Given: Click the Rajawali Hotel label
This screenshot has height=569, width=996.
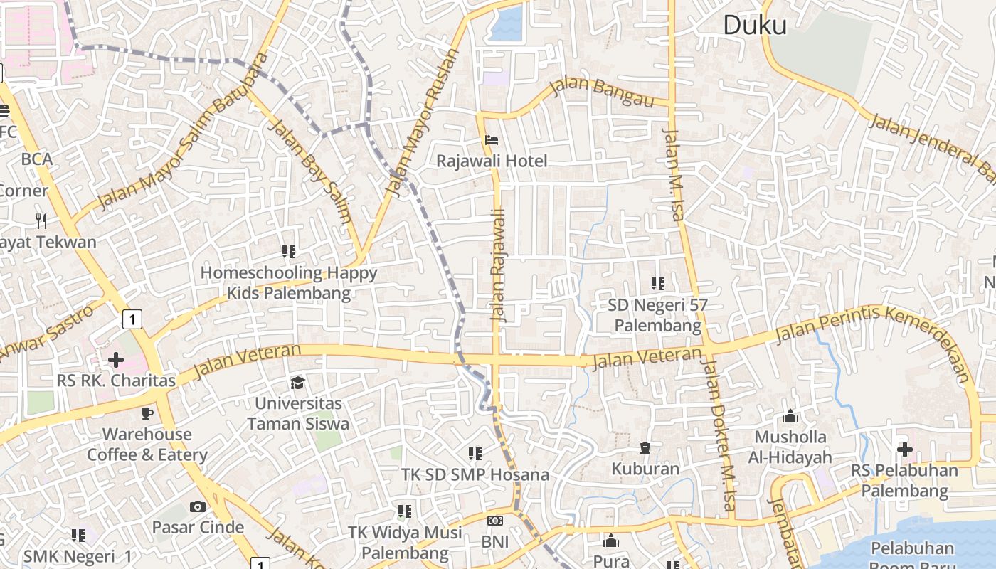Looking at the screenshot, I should [x=492, y=161].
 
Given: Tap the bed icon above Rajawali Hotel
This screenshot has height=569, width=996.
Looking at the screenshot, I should [x=492, y=140].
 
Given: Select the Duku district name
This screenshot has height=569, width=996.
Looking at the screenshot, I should [x=755, y=26].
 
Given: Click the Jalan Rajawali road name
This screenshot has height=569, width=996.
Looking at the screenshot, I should [x=498, y=265].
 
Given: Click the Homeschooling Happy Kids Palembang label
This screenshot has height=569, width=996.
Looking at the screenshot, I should [x=289, y=282].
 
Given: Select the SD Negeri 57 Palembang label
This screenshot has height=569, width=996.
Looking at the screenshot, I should [x=658, y=315].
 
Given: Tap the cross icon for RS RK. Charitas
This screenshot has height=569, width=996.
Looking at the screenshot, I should [x=115, y=360].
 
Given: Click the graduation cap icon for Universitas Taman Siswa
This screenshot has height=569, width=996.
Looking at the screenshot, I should [x=297, y=383].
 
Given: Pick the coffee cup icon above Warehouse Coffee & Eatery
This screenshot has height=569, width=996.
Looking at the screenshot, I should [x=147, y=413].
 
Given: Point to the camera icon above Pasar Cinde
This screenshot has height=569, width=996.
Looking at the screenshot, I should [x=198, y=506].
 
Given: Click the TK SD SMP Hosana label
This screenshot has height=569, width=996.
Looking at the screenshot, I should [x=475, y=474].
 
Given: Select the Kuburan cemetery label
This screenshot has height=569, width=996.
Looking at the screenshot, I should [x=645, y=469].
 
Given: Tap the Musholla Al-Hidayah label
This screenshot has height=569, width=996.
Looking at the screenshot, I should [x=790, y=447].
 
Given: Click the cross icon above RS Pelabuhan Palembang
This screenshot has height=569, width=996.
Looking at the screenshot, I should [x=904, y=450].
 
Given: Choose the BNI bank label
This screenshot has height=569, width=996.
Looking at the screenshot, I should [x=495, y=542].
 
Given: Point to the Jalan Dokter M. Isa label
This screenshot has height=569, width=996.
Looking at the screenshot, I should [x=719, y=438].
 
